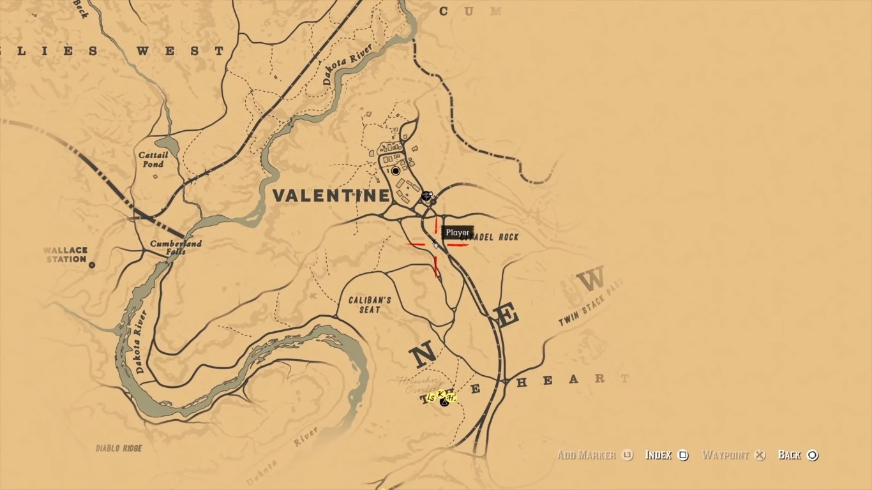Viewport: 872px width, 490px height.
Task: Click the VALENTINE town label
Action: [331, 196]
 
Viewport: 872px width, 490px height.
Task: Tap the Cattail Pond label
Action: [153, 160]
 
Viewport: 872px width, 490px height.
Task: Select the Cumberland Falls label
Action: [176, 248]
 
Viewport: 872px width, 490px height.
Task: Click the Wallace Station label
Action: [66, 255]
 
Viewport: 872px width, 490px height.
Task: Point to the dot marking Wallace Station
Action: [92, 264]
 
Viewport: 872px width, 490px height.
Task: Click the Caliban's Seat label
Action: [370, 305]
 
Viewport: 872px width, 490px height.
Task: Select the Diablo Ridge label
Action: [119, 449]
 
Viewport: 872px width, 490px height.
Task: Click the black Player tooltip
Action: [458, 233]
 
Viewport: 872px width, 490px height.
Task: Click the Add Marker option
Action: [587, 455]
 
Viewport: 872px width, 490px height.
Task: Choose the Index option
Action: [659, 455]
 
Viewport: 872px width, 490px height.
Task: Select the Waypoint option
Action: [725, 455]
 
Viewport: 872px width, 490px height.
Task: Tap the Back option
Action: [790, 455]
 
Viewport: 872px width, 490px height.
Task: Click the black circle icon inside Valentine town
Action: [396, 171]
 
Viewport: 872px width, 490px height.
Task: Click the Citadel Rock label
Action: [495, 237]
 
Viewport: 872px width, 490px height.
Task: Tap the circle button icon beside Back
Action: [813, 455]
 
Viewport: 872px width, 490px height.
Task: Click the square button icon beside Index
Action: [683, 455]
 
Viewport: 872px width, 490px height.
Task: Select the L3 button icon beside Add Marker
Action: [627, 455]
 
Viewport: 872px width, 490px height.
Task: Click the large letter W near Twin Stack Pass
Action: [590, 280]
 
